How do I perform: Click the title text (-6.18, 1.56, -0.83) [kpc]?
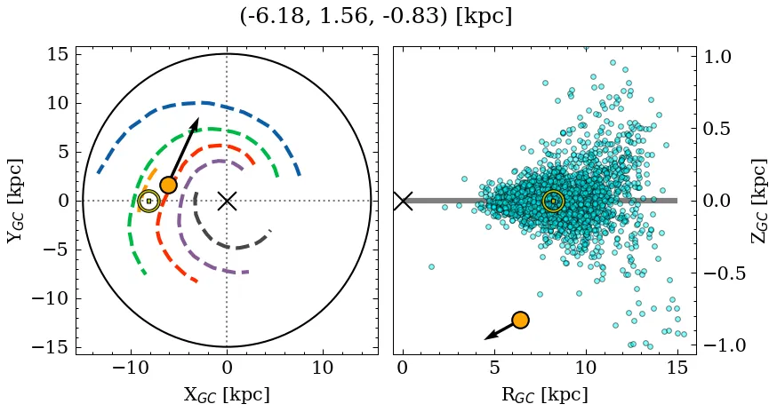[x=376, y=17]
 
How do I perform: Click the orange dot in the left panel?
[x=168, y=186]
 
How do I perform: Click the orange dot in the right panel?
[x=520, y=320]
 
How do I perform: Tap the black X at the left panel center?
[x=227, y=201]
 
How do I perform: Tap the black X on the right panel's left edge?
[x=403, y=201]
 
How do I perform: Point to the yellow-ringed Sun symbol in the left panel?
[x=148, y=202]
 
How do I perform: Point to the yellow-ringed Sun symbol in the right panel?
[x=553, y=202]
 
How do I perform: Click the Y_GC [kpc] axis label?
[x=15, y=201]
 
